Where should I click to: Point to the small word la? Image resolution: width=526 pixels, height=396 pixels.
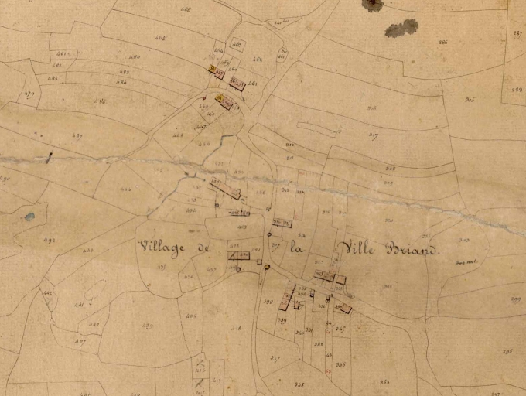(x=295, y=248)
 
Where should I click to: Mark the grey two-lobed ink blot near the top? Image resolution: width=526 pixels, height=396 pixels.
(x=401, y=29)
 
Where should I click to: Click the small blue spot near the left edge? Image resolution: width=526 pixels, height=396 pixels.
(x=29, y=217)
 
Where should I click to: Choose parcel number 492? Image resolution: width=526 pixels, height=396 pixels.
(x=49, y=241)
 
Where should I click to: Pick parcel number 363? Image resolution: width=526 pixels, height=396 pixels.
(x=384, y=382)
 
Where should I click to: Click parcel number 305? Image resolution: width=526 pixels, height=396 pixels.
(x=470, y=100)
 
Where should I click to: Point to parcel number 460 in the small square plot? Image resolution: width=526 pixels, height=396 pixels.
(x=237, y=45)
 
